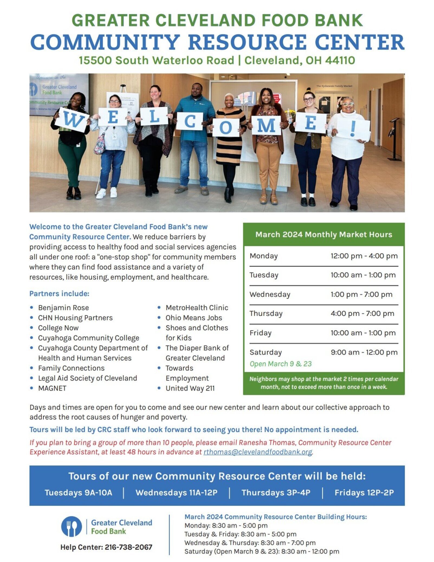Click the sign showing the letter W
72,119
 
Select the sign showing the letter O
226,127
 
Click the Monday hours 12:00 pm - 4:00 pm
364,256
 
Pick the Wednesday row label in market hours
270,294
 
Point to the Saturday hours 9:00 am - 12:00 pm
364,352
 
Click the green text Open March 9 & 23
281,364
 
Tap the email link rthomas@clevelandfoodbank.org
258,452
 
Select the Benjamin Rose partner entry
63,308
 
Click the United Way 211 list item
190,388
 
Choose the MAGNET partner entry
52,388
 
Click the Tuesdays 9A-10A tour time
78,493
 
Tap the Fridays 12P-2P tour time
364,493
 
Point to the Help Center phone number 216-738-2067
128,547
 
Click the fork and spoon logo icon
72,527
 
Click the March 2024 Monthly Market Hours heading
324,234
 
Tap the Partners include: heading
59,293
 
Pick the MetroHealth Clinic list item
197,308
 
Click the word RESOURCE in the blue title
247,42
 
